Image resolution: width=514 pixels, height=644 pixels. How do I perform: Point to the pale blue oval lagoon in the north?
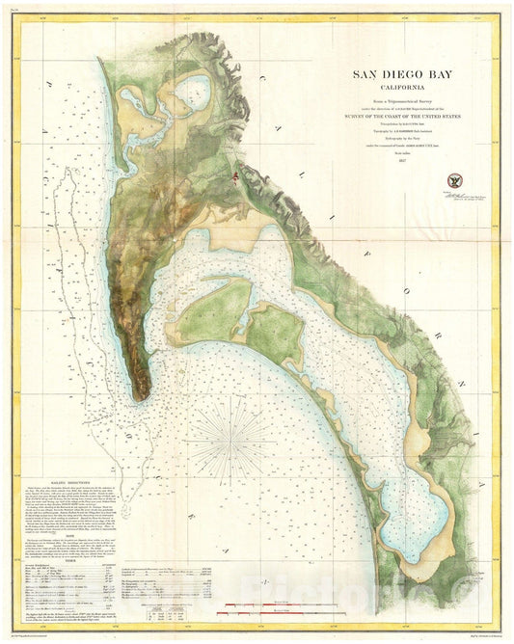pyautogui.click(x=184, y=93)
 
